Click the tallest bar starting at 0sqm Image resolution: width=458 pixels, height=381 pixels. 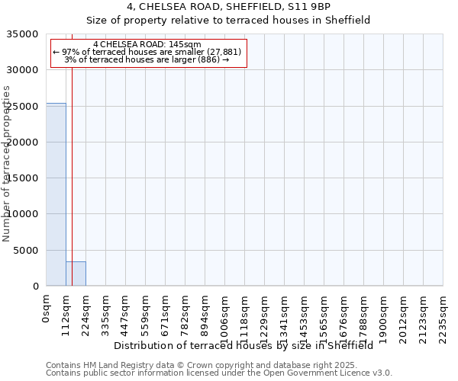56,194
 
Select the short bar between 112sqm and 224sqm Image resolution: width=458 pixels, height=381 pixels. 76,274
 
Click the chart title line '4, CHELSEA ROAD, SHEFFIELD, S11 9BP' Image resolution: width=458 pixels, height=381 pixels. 229,8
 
